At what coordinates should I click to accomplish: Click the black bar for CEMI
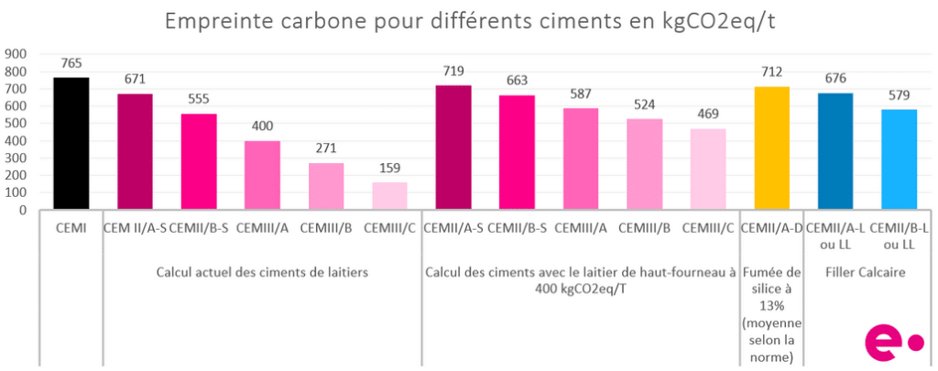pyautogui.click(x=71, y=144)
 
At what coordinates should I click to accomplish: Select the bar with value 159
pyautogui.click(x=389, y=196)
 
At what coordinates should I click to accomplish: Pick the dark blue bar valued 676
pyautogui.click(x=834, y=151)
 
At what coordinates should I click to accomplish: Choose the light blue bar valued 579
pyautogui.click(x=899, y=159)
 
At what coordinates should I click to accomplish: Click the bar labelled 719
pyautogui.click(x=453, y=147)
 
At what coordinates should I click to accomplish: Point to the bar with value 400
pyautogui.click(x=262, y=175)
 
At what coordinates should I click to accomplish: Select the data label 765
pyautogui.click(x=71, y=63)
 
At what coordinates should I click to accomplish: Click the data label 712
pyautogui.click(x=771, y=72)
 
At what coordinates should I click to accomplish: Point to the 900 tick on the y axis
pyautogui.click(x=16, y=54)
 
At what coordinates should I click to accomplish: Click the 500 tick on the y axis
pyautogui.click(x=16, y=124)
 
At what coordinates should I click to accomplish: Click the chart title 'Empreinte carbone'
pyautogui.click(x=468, y=21)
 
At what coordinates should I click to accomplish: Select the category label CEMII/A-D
pyautogui.click(x=771, y=227)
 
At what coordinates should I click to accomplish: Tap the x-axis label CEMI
pyautogui.click(x=71, y=227)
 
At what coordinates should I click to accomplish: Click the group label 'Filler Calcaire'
pyautogui.click(x=866, y=271)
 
